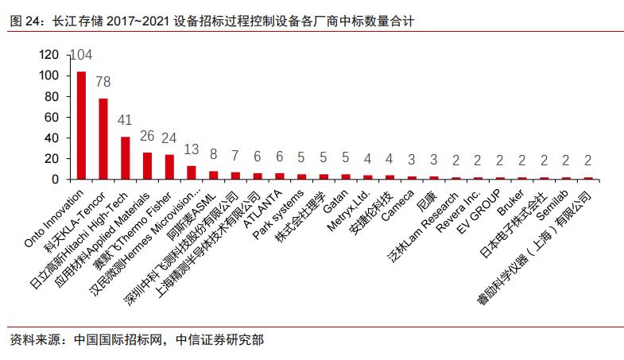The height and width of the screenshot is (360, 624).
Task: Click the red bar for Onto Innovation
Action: coord(81,125)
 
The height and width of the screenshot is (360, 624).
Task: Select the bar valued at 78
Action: coord(103,138)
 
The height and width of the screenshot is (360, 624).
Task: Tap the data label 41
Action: coord(125,121)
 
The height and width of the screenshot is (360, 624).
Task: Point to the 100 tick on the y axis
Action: coord(49,75)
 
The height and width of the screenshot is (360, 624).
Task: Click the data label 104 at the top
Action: coord(82,55)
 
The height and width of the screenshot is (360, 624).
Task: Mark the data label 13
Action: coord(192,150)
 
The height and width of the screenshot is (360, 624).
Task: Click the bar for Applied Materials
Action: coord(147,165)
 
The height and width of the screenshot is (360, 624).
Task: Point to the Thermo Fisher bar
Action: coord(169,166)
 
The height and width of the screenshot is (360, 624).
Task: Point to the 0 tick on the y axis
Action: coord(56,179)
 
